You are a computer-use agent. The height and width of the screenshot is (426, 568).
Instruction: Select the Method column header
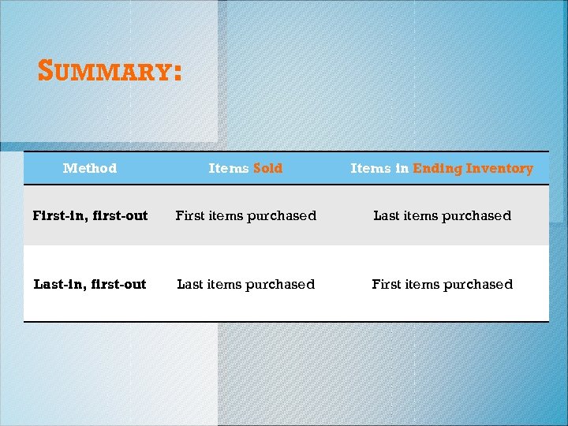point(90,168)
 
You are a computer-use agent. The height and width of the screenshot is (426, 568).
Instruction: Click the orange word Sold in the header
point(267,168)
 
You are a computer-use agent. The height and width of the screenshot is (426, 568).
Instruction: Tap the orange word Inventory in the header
point(499,168)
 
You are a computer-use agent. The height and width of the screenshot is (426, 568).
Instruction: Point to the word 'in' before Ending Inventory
point(402,168)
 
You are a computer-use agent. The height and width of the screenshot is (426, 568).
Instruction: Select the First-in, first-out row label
point(90,215)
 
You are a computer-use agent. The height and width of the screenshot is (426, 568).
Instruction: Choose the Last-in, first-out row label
point(90,284)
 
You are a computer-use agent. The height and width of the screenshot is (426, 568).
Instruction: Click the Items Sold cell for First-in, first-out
point(245,215)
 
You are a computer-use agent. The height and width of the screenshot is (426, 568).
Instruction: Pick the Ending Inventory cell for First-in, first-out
point(442,215)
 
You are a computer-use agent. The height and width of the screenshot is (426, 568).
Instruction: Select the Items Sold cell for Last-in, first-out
point(245,284)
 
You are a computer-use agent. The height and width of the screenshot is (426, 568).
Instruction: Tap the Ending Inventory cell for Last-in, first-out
point(442,284)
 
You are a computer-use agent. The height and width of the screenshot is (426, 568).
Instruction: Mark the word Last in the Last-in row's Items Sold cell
point(190,284)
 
